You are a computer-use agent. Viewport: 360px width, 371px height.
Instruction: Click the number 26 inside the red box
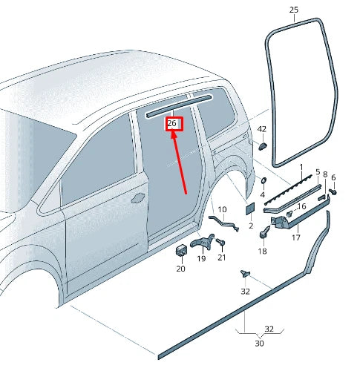(173, 122)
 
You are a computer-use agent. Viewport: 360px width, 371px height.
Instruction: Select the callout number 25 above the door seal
(293, 10)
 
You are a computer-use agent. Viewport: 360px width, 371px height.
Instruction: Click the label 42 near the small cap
(261, 129)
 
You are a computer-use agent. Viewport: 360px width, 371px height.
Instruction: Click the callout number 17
(295, 237)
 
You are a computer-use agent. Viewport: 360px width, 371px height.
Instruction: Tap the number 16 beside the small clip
(301, 206)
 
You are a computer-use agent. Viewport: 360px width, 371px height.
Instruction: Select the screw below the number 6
(333, 191)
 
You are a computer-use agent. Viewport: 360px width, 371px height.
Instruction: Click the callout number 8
(324, 174)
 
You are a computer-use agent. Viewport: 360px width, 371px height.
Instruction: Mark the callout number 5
(317, 172)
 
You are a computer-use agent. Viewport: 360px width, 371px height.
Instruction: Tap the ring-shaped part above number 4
(263, 182)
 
